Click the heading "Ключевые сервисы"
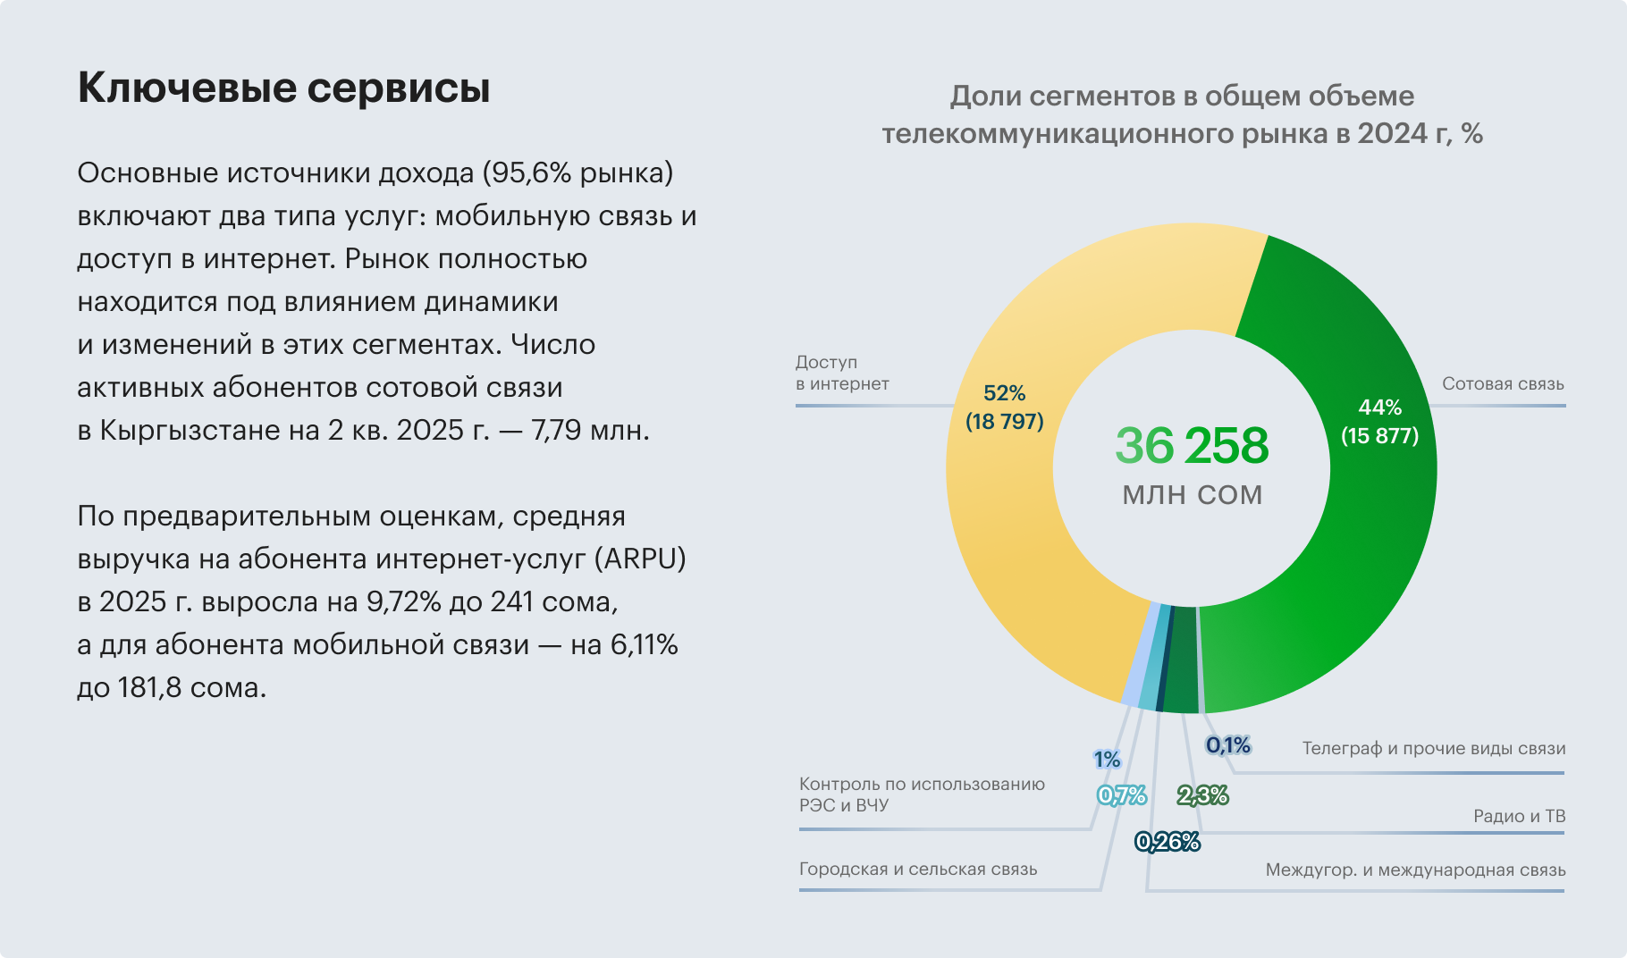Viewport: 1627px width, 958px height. point(283,88)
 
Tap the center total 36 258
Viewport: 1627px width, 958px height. point(1192,446)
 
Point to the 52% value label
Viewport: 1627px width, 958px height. point(1004,393)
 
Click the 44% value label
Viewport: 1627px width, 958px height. point(1379,408)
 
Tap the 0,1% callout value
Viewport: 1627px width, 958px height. point(1227,745)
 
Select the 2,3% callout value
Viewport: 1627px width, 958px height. point(1202,795)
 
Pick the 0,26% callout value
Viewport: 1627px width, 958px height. point(1167,842)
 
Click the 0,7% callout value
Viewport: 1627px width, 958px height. point(1122,795)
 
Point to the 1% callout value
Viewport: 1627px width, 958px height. point(1107,760)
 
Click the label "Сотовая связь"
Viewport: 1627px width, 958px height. point(1502,384)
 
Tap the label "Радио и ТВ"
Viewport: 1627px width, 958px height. point(1519,816)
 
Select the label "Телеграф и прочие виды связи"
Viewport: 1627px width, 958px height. point(1433,748)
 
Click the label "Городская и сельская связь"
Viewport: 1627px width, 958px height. point(918,869)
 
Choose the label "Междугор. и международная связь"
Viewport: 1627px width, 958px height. point(1415,870)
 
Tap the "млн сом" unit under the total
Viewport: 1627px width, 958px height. point(1192,495)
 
